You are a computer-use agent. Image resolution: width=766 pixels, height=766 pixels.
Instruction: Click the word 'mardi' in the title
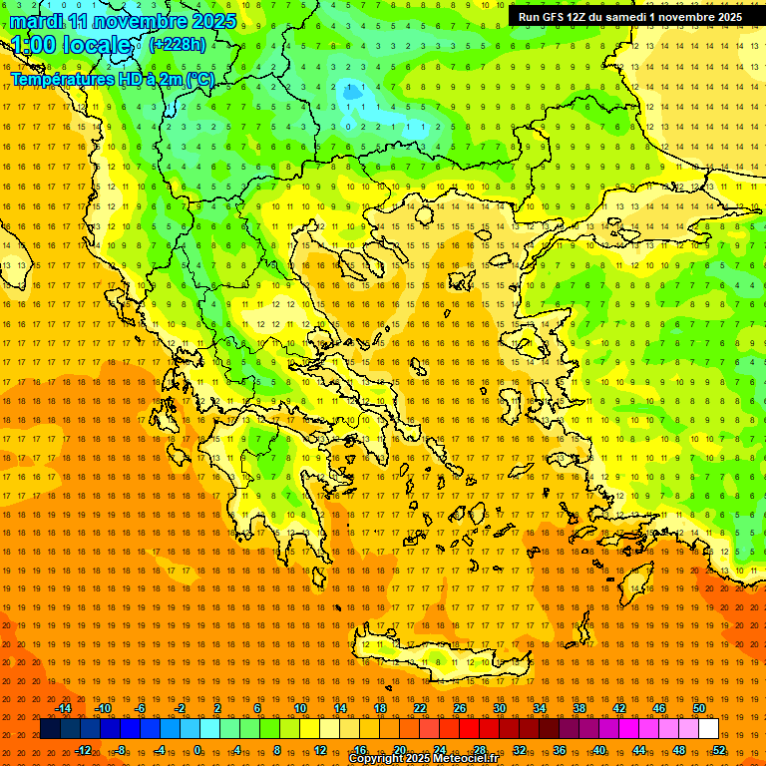pyautogui.click(x=34, y=21)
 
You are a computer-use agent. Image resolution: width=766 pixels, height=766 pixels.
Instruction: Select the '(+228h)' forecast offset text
pyautogui.click(x=178, y=44)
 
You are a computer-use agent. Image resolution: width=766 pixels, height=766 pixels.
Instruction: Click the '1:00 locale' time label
pyautogui.click(x=72, y=45)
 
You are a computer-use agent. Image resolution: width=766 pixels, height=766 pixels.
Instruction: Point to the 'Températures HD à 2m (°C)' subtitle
pyautogui.click(x=112, y=79)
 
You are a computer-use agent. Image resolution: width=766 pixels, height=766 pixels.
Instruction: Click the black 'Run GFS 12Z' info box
pyautogui.click(x=629, y=17)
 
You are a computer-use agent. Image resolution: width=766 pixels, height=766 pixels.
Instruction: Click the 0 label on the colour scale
pyautogui.click(x=197, y=750)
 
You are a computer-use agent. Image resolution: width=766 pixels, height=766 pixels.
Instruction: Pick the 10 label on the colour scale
pyautogui.click(x=299, y=708)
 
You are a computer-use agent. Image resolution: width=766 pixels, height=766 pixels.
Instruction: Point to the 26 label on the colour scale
pyautogui.click(x=460, y=708)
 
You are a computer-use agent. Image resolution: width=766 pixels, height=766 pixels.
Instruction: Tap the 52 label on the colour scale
pyautogui.click(x=718, y=750)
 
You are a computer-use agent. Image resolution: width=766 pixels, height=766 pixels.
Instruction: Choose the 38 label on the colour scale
pyautogui.click(x=579, y=708)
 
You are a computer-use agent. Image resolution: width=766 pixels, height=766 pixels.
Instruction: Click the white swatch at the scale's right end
pyautogui.click(x=708, y=729)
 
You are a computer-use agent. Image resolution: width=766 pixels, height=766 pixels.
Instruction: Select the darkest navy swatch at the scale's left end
pyautogui.click(x=50, y=729)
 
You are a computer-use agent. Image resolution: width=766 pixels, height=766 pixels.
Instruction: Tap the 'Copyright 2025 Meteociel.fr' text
pyautogui.click(x=423, y=759)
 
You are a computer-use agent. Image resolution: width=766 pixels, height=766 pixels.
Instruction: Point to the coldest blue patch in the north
pyautogui.click(x=352, y=93)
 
